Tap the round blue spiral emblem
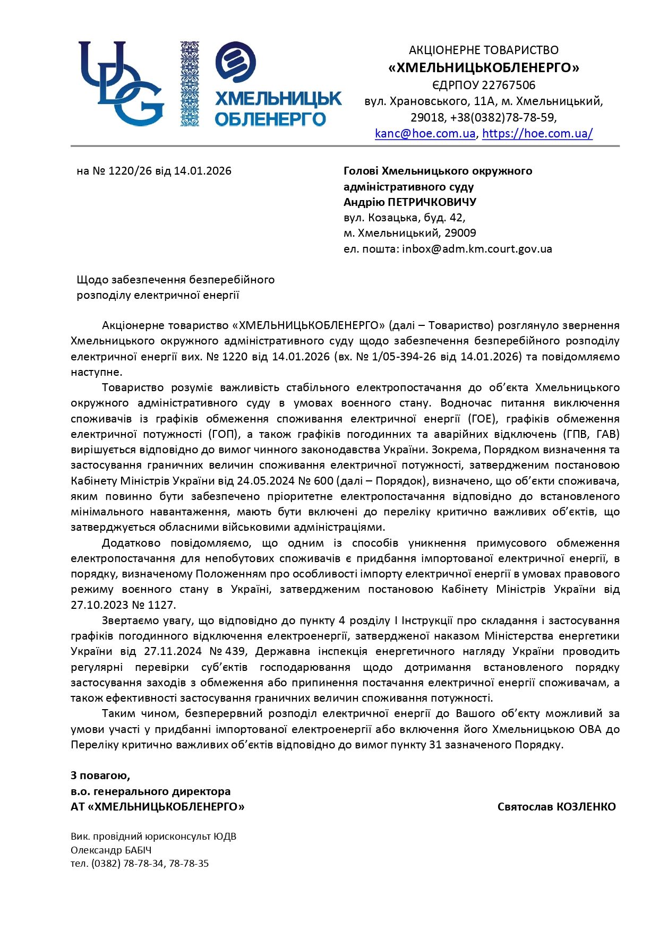236,62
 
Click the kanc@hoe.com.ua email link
425,133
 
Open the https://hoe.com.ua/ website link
537,133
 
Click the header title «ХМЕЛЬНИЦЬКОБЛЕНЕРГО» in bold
484,67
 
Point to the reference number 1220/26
126,171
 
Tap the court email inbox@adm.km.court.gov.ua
477,248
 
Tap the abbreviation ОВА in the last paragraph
589,729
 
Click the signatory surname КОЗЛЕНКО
586,807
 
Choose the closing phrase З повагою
100,775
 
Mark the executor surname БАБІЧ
135,850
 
